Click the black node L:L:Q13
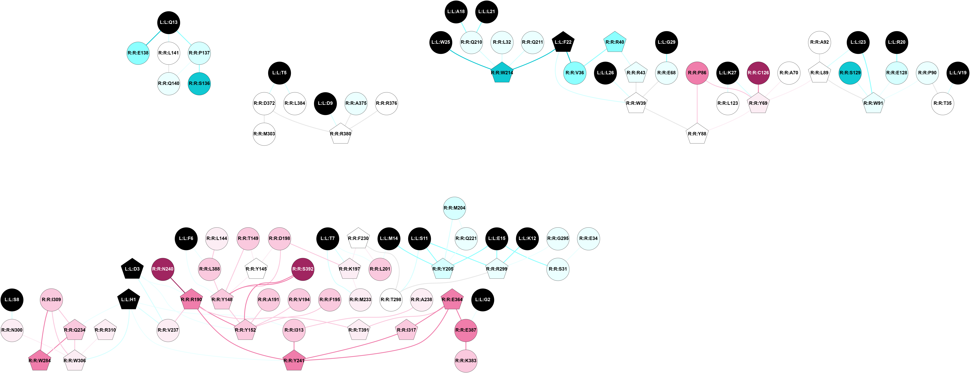coord(168,22)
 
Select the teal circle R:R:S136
coord(199,84)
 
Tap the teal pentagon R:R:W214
coord(502,73)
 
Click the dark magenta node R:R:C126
coord(758,73)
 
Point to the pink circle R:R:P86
coord(697,73)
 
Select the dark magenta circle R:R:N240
coord(163,269)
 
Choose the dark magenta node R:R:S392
coord(303,269)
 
